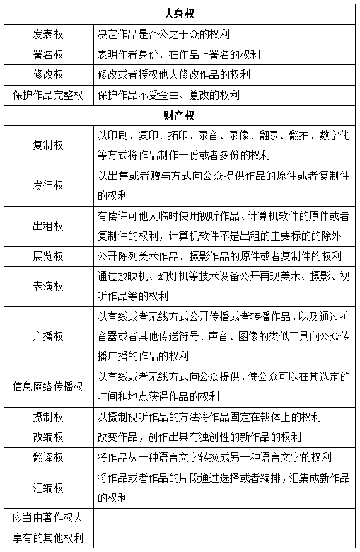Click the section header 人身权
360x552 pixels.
pyautogui.click(x=180, y=13)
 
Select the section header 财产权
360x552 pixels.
pyautogui.click(x=180, y=115)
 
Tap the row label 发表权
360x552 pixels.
pyautogui.click(x=48, y=34)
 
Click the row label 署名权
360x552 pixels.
pyautogui.click(x=48, y=54)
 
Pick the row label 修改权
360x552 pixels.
pyautogui.click(x=48, y=74)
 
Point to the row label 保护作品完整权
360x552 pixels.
pyautogui.click(x=48, y=95)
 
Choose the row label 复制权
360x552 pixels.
pyautogui.click(x=48, y=145)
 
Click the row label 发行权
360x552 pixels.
pyautogui.click(x=48, y=185)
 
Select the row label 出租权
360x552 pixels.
pyautogui.click(x=48, y=226)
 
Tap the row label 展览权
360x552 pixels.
pyautogui.click(x=48, y=255)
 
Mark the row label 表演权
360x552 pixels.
pyautogui.click(x=48, y=286)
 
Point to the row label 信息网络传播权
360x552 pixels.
pyautogui.click(x=48, y=386)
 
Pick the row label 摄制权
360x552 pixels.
pyautogui.click(x=48, y=416)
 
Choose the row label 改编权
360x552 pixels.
pyautogui.click(x=48, y=437)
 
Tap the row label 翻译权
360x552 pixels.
pyautogui.click(x=48, y=456)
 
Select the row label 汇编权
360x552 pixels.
pyautogui.click(x=48, y=487)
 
